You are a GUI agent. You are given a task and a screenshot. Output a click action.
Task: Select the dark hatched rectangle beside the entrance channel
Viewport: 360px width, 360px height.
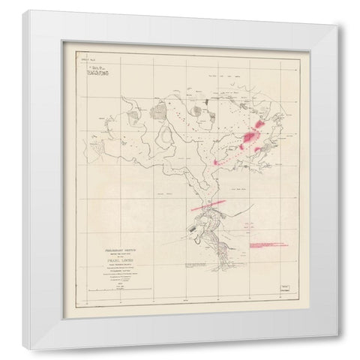pos(196,224)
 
